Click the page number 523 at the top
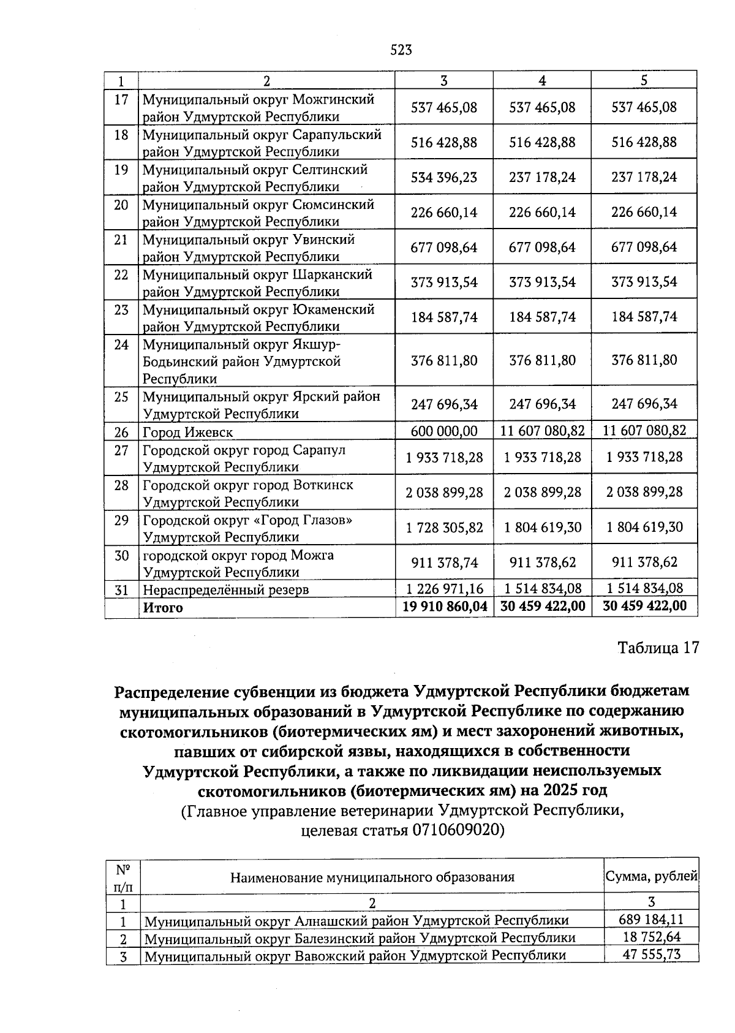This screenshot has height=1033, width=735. click(401, 50)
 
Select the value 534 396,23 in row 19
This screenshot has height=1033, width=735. click(443, 178)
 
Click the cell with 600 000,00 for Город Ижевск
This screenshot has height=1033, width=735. click(443, 431)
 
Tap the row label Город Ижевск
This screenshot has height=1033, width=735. click(187, 433)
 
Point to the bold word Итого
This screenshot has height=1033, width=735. click(163, 608)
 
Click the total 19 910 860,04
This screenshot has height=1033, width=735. click(445, 607)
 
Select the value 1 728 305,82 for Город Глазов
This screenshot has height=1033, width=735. click(445, 528)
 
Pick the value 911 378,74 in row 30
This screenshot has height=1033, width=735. click(445, 562)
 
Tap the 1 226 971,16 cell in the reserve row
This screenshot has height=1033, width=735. click(445, 589)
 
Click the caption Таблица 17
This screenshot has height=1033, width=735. click(658, 648)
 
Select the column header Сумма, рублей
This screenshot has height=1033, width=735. click(651, 876)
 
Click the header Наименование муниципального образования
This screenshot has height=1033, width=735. click(372, 877)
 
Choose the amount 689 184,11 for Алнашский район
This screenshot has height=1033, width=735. click(651, 920)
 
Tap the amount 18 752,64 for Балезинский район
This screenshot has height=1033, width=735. click(651, 937)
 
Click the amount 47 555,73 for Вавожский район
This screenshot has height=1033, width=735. click(651, 955)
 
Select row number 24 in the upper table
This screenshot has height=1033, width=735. click(121, 345)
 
